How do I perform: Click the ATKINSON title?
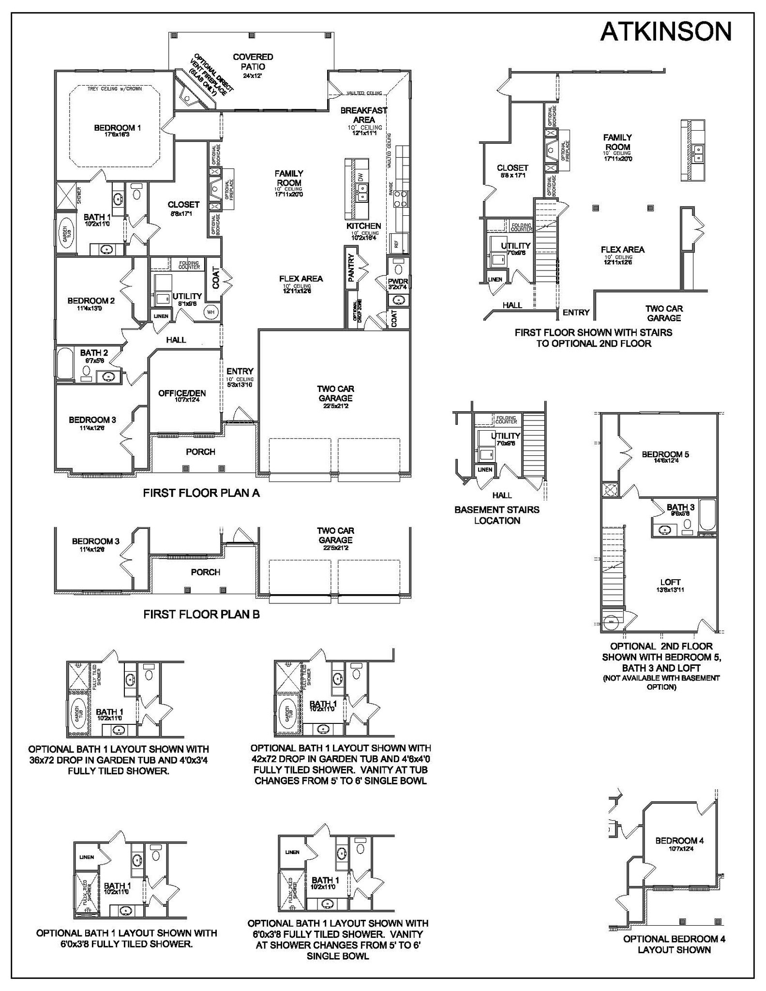(x=665, y=32)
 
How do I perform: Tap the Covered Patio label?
(x=253, y=62)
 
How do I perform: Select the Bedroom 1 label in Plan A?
(x=117, y=128)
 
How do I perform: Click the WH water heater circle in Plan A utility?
(x=211, y=312)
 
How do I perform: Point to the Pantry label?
(x=351, y=267)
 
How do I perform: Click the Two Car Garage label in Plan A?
(x=335, y=393)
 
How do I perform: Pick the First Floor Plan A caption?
(x=201, y=493)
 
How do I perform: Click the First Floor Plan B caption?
(x=201, y=614)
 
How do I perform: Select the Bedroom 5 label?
(x=665, y=454)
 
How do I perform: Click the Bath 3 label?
(x=680, y=507)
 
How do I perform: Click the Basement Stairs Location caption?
(x=496, y=515)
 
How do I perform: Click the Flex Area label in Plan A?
(x=300, y=279)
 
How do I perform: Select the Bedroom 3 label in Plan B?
(x=95, y=541)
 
